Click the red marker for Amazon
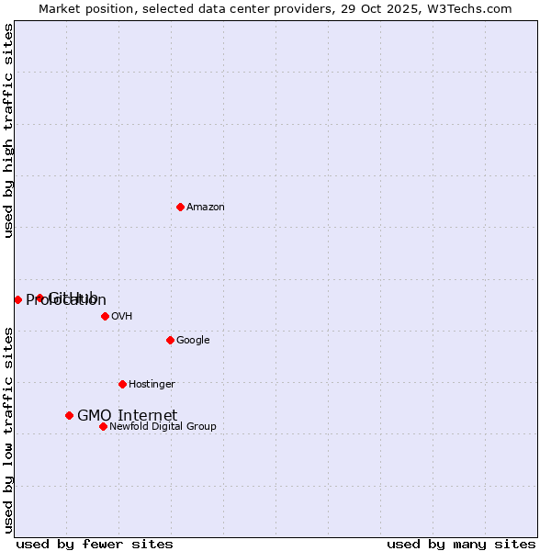[180, 207]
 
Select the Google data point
[170, 340]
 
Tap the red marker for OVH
[105, 316]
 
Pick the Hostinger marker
[122, 384]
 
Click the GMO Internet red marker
[69, 415]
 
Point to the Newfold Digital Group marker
[103, 426]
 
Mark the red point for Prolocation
[17, 299]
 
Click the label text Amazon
[205, 208]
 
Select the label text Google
[193, 341]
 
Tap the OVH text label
[121, 317]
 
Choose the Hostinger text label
[152, 385]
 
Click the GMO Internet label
[127, 416]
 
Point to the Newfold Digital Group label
[163, 427]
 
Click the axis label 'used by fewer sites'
[95, 544]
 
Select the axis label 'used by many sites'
[461, 544]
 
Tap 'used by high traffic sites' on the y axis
[8, 130]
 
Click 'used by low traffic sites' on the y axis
[8, 430]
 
